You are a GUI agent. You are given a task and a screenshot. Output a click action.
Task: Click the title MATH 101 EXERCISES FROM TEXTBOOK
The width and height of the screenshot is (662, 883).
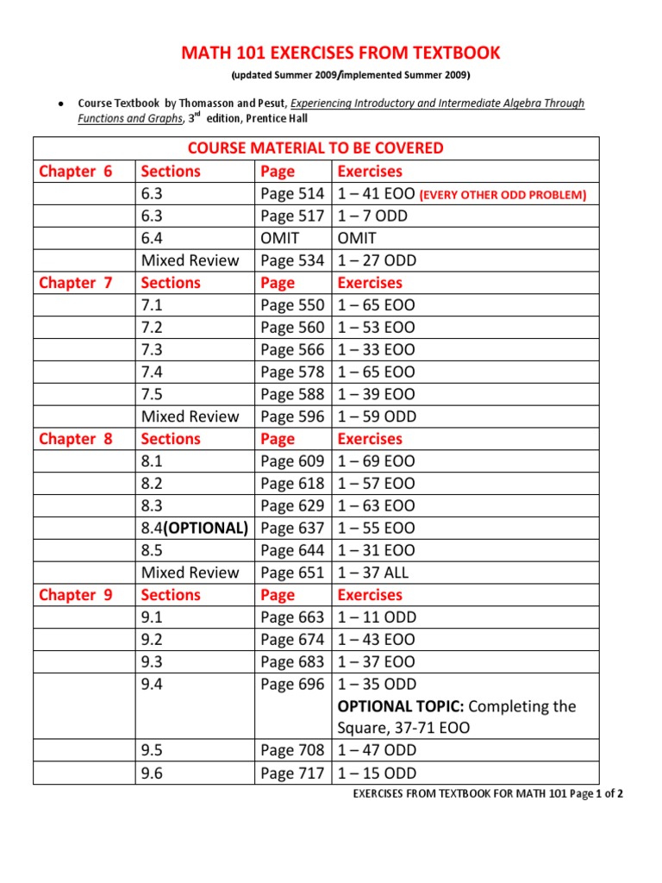coord(340,53)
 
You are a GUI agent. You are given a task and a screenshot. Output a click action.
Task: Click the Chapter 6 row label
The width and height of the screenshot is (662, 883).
coord(76,171)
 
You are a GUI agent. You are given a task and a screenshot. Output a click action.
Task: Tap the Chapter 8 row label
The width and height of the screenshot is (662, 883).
coord(76,438)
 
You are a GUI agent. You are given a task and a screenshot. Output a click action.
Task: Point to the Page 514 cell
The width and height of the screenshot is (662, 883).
coord(292,193)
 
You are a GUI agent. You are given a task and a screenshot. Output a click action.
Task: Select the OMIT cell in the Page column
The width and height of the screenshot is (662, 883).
coord(279,238)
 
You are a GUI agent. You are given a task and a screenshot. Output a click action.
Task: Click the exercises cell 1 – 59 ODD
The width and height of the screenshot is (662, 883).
coord(377,416)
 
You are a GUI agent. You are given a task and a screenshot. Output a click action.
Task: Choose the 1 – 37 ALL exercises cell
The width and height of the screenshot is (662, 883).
coord(372,573)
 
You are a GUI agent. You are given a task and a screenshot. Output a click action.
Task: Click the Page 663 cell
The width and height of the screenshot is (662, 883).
coord(292,617)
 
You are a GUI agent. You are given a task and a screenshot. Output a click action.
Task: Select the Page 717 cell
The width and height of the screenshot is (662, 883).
coord(292,773)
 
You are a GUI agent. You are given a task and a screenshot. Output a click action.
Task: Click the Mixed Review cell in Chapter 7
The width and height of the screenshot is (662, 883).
coord(190,416)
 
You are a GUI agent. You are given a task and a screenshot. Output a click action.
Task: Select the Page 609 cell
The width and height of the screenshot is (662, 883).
coord(292,460)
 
